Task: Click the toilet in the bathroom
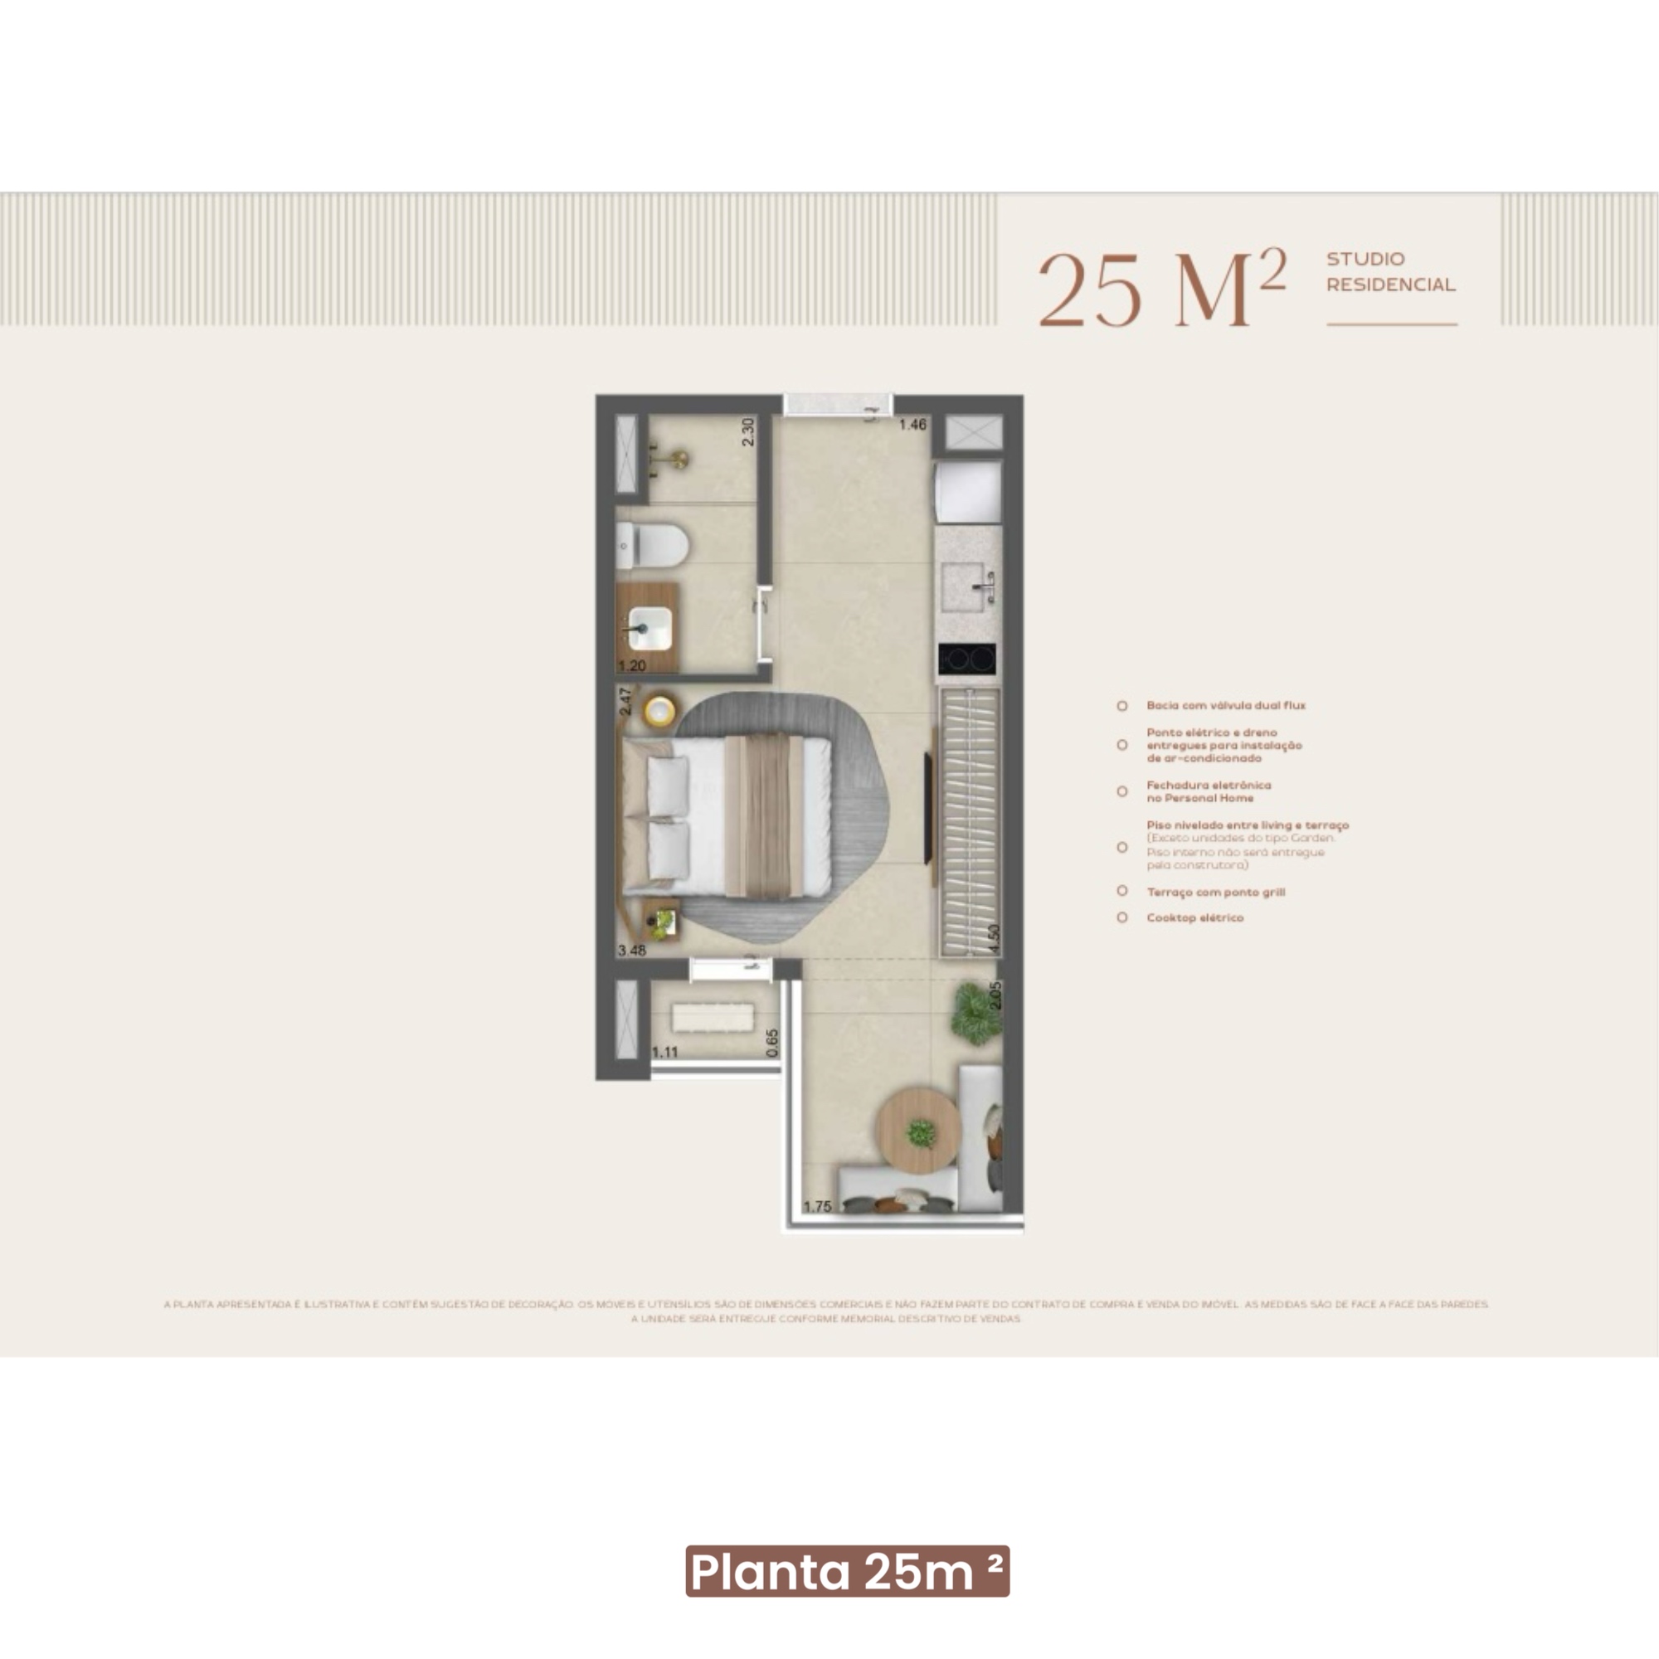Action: coord(654,545)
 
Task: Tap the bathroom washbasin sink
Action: coord(649,628)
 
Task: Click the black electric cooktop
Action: coord(968,659)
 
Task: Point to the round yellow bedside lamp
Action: coord(659,710)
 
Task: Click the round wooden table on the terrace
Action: coord(918,1129)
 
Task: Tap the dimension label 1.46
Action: coord(912,424)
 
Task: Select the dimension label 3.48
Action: coord(632,951)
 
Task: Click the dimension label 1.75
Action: coord(818,1206)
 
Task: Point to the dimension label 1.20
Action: coord(632,665)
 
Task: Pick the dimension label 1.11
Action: coord(664,1052)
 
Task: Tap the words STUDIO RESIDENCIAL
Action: coord(1391,271)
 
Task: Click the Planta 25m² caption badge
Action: coord(848,1572)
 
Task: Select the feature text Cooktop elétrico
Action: coord(1194,918)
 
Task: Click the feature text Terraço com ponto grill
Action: coord(1215,893)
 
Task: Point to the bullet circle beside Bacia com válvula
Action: coord(1122,706)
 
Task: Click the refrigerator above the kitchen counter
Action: coord(969,491)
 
